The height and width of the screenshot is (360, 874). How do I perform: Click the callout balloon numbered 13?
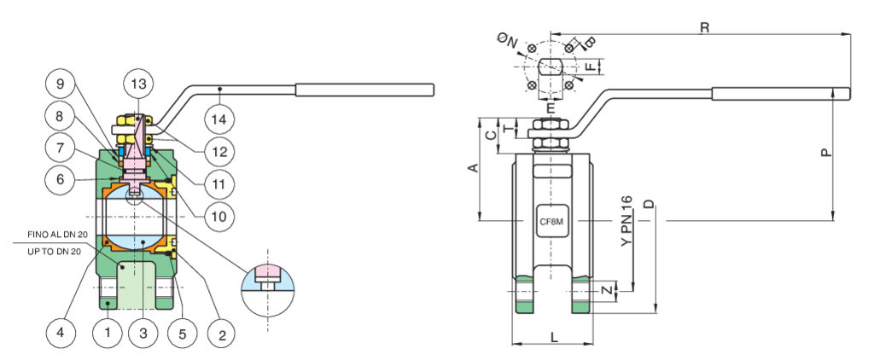point(137,84)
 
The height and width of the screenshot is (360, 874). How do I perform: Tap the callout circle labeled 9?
point(61,85)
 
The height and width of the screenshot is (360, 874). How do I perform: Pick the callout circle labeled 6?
point(61,180)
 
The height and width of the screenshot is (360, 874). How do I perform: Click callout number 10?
point(219,217)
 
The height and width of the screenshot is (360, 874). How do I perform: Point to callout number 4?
point(61,333)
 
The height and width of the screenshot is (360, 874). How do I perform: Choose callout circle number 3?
point(143,333)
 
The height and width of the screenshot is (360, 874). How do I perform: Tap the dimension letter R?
point(704,27)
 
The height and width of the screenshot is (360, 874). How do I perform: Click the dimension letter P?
point(824,153)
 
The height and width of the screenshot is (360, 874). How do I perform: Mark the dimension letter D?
point(649,205)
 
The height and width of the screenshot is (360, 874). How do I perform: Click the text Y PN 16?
point(626,223)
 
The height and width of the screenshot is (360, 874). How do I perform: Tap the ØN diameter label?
point(506,38)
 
